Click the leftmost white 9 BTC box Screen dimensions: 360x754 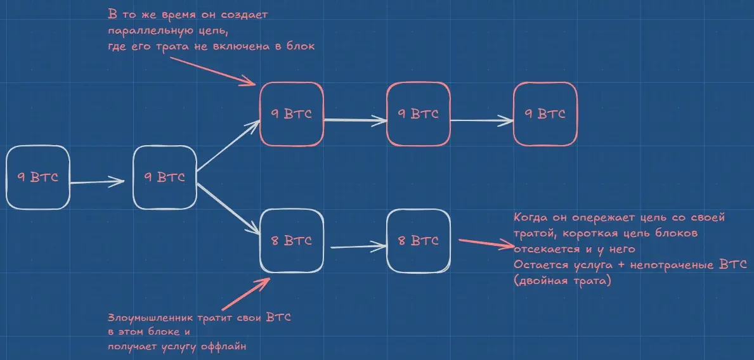click(37, 177)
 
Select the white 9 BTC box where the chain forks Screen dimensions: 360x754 click(165, 178)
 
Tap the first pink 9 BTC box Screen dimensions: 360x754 click(292, 115)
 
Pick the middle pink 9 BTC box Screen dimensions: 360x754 click(419, 114)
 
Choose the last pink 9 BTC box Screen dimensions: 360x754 click(545, 114)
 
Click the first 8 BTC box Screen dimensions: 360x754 click(292, 241)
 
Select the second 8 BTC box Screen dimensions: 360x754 click(419, 241)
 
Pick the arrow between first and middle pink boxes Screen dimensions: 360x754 click(355, 120)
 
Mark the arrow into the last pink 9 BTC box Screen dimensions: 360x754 click(482, 119)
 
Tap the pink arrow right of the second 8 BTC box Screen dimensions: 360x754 click(483, 244)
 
